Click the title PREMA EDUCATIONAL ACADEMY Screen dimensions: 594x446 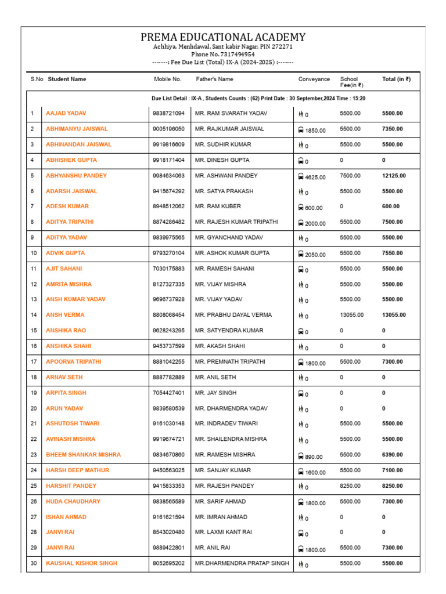[x=222, y=37]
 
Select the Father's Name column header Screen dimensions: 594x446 [x=214, y=79]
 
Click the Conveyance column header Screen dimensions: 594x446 [x=314, y=79]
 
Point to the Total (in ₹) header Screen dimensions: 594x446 [x=396, y=79]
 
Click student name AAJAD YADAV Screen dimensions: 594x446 [x=66, y=113]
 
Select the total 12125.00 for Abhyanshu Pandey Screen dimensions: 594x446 [x=394, y=176]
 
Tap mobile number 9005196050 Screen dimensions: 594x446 [x=169, y=129]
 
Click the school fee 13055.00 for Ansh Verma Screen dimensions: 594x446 [x=352, y=315]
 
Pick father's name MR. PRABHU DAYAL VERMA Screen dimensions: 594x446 [x=233, y=315]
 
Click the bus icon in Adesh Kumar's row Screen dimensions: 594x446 [x=301, y=207]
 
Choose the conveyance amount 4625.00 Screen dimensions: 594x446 [x=315, y=177]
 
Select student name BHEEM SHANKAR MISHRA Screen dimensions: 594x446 [x=83, y=455]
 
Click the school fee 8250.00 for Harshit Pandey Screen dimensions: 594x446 [x=350, y=486]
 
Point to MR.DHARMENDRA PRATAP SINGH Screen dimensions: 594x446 [x=242, y=563]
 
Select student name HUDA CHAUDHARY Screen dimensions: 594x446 [x=73, y=501]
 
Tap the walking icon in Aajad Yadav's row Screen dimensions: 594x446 [x=301, y=114]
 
